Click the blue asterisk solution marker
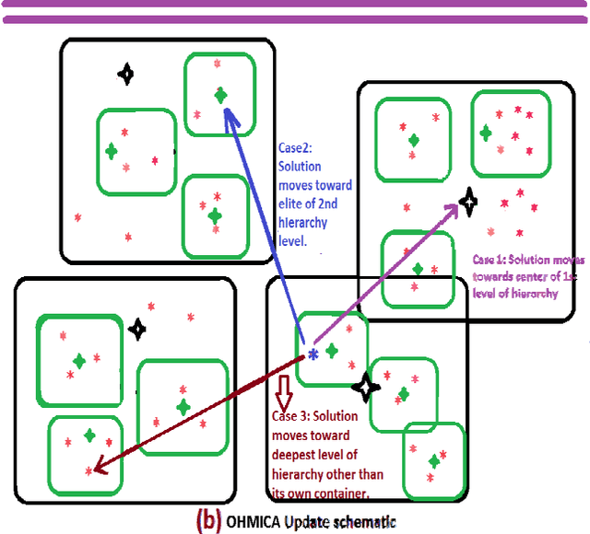tap(313, 354)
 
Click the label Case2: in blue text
tap(297, 147)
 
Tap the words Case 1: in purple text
tap(489, 260)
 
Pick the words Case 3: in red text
tap(295, 415)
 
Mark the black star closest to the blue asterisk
tap(366, 388)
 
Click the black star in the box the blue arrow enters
tap(126, 73)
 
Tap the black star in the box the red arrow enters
tap(137, 327)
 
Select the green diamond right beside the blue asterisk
tap(332, 349)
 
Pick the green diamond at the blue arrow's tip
tap(220, 94)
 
